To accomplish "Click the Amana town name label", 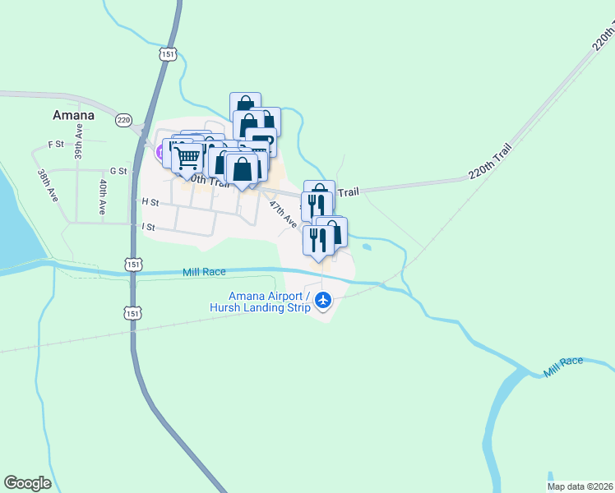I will coord(73,115).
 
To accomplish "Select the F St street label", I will coord(56,145).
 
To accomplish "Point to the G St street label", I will coord(118,171).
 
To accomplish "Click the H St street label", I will coord(150,201).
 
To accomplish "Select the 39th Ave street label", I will coord(79,143).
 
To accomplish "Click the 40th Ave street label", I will coord(103,197).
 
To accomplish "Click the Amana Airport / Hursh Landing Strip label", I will coord(269,302).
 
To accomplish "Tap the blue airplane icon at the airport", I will coord(323,301).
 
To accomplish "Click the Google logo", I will coord(27,483).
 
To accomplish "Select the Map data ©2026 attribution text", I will coord(580,486).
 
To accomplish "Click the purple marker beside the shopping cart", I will coord(160,152).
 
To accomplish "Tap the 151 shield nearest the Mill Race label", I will coord(134,265).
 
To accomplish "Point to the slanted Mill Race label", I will coord(563,367).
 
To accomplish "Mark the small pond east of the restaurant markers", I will coord(367,246).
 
